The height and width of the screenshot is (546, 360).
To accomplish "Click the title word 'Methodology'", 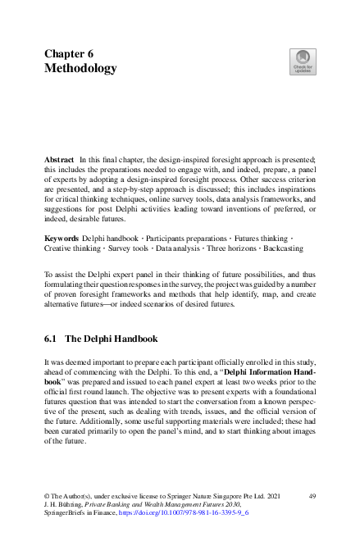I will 80,69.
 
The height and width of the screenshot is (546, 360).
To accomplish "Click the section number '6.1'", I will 52,338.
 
